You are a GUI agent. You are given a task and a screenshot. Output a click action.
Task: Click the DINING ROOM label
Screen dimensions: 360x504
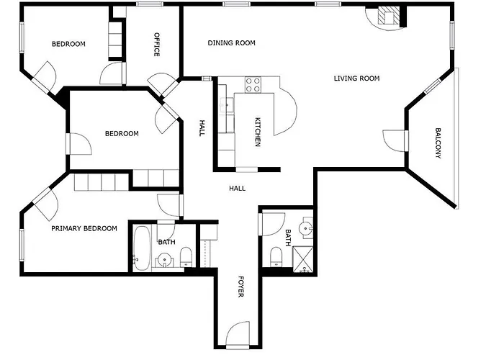(x=231, y=43)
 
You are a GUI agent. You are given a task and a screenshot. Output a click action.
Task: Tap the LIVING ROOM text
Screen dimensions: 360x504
(x=356, y=78)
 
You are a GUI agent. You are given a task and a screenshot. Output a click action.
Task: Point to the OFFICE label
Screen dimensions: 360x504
(x=156, y=44)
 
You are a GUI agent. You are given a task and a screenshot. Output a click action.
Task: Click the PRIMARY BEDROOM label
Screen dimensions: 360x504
(x=84, y=229)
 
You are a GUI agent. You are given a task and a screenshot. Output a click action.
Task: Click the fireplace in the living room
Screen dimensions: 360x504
(x=388, y=17)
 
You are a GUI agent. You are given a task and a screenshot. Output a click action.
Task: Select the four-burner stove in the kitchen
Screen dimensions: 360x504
(x=253, y=85)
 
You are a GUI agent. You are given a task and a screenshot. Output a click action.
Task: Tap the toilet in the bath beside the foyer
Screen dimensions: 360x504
(x=276, y=256)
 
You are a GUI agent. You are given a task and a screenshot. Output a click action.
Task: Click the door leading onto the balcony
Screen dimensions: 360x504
(x=395, y=140)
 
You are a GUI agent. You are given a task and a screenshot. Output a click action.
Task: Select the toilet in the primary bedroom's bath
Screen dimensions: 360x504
(x=186, y=256)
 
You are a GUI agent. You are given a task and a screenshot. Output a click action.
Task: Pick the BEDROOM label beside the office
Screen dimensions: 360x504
(x=68, y=44)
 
